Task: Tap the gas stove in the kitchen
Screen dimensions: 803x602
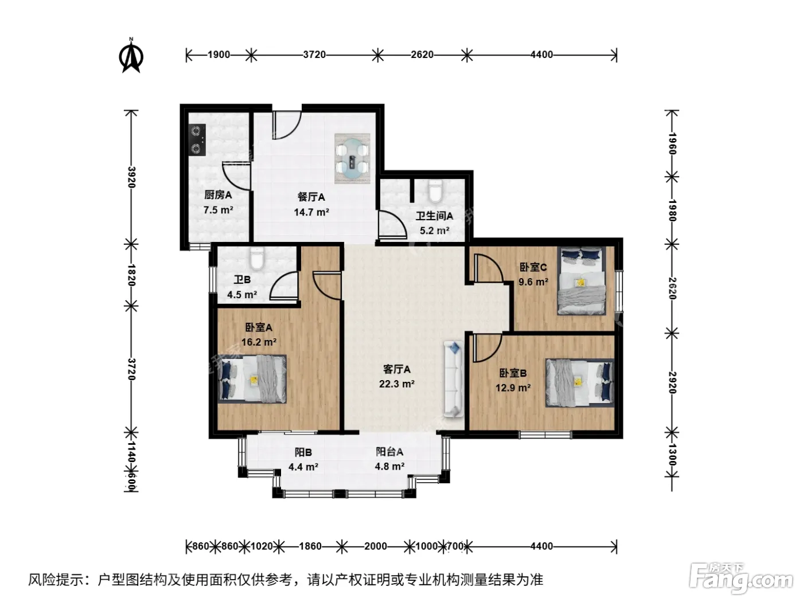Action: pyautogui.click(x=197, y=140)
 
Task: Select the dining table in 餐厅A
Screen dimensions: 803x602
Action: pyautogui.click(x=352, y=159)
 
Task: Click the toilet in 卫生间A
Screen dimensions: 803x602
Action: pyautogui.click(x=435, y=190)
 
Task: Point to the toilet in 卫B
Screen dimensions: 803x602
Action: pyautogui.click(x=257, y=258)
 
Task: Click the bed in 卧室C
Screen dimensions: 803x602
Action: pyautogui.click(x=581, y=281)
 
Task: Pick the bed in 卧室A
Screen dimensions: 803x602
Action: pyautogui.click(x=252, y=379)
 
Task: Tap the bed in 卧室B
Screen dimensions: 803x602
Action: pyautogui.click(x=579, y=382)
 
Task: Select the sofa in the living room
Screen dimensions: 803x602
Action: pyautogui.click(x=454, y=379)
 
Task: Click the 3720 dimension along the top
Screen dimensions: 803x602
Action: pyautogui.click(x=314, y=55)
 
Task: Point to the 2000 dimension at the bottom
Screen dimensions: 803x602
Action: pyautogui.click(x=375, y=546)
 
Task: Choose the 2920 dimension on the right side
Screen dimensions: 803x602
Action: pyautogui.click(x=672, y=382)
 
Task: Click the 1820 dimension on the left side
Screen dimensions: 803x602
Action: pyautogui.click(x=131, y=275)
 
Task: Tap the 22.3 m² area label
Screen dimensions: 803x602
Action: pyautogui.click(x=396, y=384)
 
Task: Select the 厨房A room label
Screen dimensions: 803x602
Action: pyautogui.click(x=218, y=195)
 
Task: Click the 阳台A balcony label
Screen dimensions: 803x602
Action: pyautogui.click(x=389, y=452)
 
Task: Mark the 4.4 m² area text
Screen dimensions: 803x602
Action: pyautogui.click(x=303, y=467)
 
